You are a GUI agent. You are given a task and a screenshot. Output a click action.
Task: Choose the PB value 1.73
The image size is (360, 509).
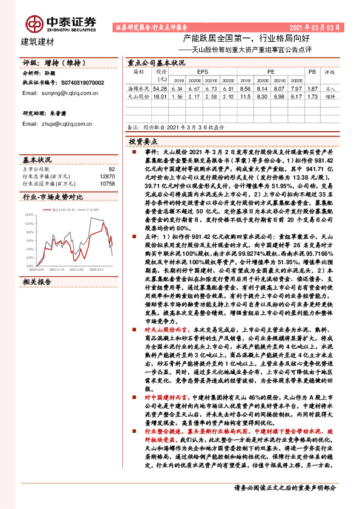312,96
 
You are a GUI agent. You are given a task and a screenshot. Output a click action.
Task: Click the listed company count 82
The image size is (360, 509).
111,169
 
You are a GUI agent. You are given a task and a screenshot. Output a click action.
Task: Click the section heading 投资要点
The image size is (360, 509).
143,140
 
